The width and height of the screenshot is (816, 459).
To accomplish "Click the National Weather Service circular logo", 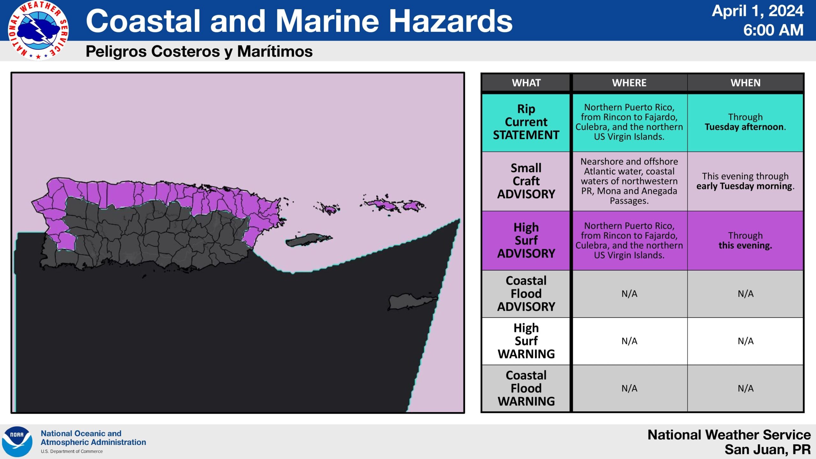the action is pyautogui.click(x=38, y=30).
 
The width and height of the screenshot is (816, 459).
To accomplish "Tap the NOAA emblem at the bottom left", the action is pyautogui.click(x=17, y=441).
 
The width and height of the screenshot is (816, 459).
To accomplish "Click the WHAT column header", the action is pyautogui.click(x=526, y=83).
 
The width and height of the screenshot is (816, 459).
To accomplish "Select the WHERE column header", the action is pyautogui.click(x=629, y=83).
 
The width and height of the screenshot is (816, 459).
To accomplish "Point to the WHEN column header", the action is pyautogui.click(x=746, y=83).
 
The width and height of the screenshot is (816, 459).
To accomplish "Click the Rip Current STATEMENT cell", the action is pyautogui.click(x=526, y=122).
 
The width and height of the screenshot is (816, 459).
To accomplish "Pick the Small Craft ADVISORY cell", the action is pyautogui.click(x=526, y=181).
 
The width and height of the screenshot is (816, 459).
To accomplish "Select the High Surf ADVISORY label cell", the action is pyautogui.click(x=526, y=240).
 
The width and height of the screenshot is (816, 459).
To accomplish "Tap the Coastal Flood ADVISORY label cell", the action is pyautogui.click(x=526, y=294).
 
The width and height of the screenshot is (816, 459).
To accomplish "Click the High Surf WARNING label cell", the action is pyautogui.click(x=526, y=341).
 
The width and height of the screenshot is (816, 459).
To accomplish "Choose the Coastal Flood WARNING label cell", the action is pyautogui.click(x=526, y=388).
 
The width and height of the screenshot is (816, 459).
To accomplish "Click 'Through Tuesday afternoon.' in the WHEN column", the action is pyautogui.click(x=746, y=122).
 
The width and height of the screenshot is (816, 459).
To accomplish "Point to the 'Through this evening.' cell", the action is pyautogui.click(x=746, y=240).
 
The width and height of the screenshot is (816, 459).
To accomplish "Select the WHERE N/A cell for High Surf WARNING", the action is pyautogui.click(x=630, y=341).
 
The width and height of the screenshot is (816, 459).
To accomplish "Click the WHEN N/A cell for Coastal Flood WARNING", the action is pyautogui.click(x=746, y=388).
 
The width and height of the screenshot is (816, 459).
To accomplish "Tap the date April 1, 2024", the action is pyautogui.click(x=758, y=11).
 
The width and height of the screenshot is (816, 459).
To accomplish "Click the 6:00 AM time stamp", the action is pyautogui.click(x=773, y=30).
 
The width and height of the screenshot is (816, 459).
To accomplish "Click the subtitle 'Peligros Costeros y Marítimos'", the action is pyautogui.click(x=199, y=51).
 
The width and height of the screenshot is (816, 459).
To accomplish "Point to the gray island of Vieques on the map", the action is pyautogui.click(x=309, y=240).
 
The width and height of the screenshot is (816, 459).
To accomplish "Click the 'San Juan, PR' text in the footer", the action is pyautogui.click(x=768, y=449).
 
